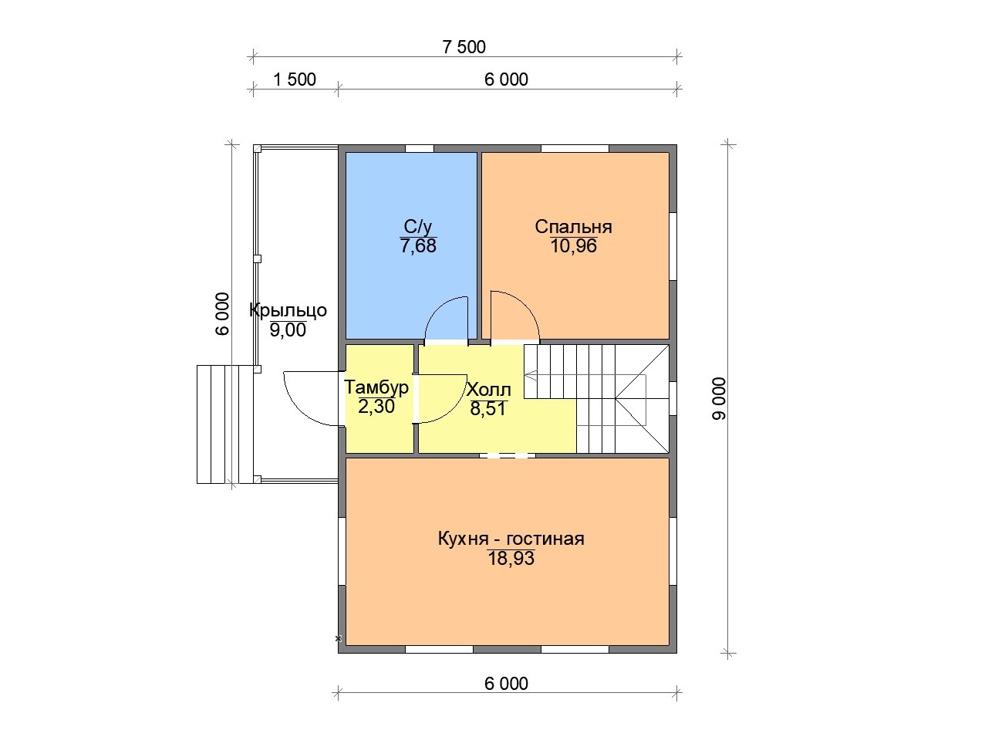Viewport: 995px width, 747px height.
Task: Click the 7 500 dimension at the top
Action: tap(464, 47)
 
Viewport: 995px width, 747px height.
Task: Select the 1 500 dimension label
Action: tap(295, 79)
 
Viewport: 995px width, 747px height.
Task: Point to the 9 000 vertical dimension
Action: tap(719, 399)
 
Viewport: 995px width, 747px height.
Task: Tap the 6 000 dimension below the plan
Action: tap(506, 684)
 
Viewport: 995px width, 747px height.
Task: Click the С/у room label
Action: tap(418, 226)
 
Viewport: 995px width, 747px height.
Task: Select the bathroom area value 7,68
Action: tap(418, 246)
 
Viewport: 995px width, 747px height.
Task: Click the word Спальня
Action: tap(573, 226)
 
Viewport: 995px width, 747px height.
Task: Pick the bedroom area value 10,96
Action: tap(573, 246)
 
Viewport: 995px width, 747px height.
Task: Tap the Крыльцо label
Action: tap(288, 311)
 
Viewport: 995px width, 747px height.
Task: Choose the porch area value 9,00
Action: tap(288, 330)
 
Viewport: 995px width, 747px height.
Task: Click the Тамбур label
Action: tap(376, 387)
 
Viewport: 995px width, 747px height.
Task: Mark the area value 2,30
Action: tap(376, 407)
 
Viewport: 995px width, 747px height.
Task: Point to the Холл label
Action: tap(489, 390)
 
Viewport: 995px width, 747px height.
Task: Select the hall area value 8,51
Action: tap(487, 409)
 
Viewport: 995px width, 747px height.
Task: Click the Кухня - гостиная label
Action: tap(511, 539)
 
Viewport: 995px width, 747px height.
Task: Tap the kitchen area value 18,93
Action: tap(511, 559)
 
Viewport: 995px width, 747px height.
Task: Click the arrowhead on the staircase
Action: tap(531, 375)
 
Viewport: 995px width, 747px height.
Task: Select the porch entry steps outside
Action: tap(224, 424)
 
